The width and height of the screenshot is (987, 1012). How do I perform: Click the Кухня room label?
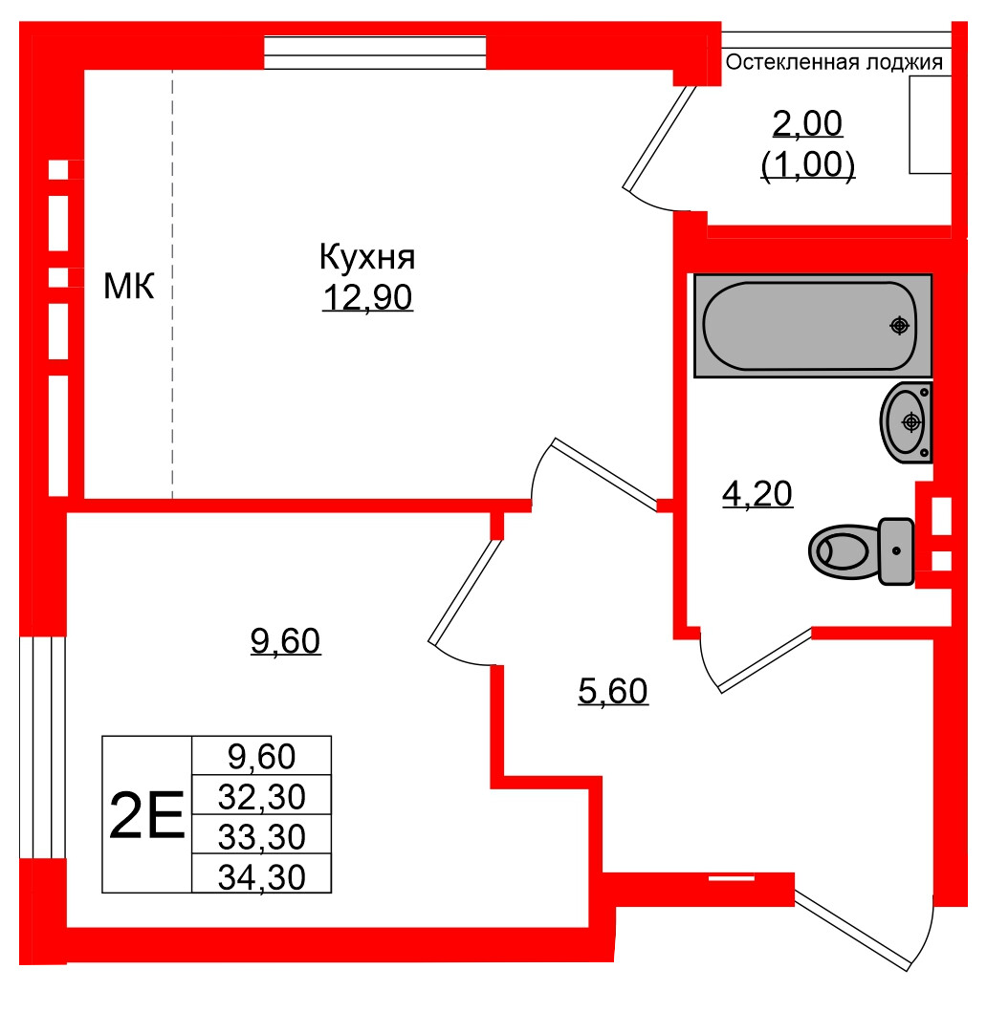point(366,258)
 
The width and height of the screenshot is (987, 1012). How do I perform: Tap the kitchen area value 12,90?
point(367,298)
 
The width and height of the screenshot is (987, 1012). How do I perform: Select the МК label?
point(129,285)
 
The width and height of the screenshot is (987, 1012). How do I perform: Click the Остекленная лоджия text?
point(834,63)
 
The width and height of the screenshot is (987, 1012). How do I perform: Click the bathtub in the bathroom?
point(811,326)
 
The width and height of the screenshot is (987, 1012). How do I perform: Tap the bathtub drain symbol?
point(898,326)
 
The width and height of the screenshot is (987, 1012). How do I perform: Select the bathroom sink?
point(905,421)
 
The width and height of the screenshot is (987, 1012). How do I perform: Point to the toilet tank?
point(896,550)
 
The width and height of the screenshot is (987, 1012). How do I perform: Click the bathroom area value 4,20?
point(757,494)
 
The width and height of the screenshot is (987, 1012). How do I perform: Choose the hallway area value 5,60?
point(614,690)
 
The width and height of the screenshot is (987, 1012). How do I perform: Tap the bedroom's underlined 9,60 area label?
point(285,641)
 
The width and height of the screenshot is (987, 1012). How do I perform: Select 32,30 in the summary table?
point(261,796)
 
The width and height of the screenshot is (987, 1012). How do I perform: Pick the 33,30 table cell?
point(261,837)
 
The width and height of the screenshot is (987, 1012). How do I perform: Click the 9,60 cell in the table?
point(261,757)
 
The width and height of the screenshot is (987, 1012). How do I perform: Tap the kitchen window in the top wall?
point(376,52)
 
